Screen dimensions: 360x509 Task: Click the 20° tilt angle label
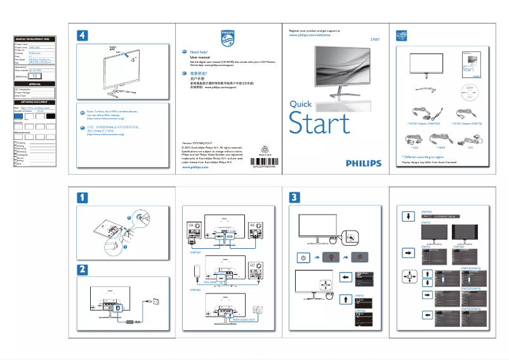[112, 48]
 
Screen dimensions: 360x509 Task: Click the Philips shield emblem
[227, 36]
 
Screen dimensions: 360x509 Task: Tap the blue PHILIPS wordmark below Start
[364, 163]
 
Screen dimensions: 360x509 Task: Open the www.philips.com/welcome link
[310, 36]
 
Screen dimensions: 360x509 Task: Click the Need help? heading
[199, 51]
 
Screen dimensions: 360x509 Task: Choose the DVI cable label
[470, 147]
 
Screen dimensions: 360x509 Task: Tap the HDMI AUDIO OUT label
[242, 320]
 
